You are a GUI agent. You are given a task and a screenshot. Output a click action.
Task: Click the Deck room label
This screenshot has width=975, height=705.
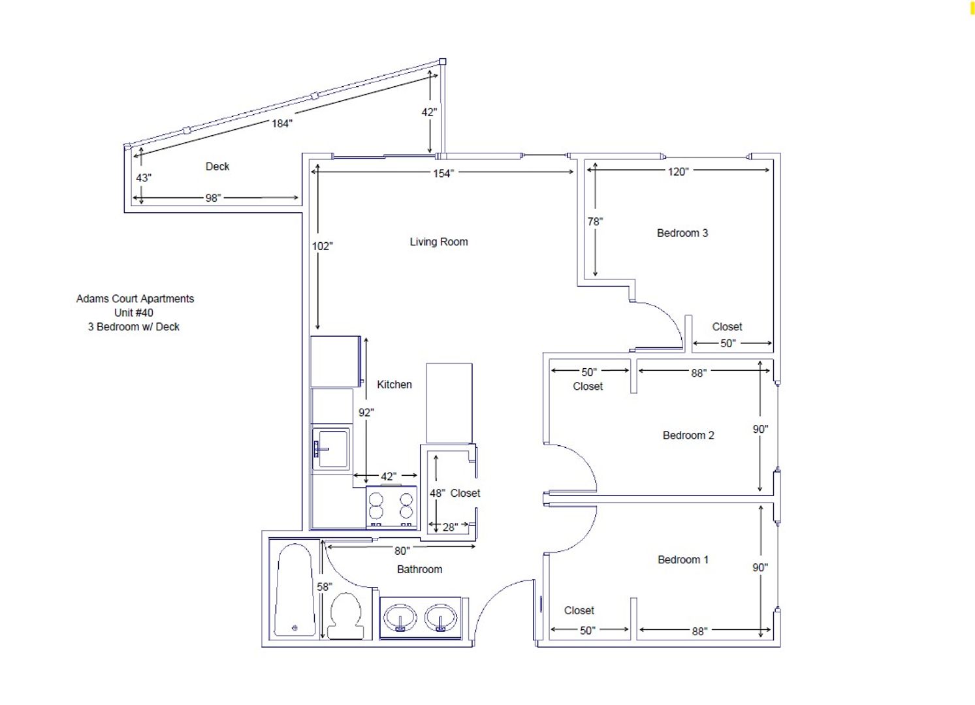217,166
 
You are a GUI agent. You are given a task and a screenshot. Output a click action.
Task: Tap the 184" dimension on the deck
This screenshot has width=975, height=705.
281,123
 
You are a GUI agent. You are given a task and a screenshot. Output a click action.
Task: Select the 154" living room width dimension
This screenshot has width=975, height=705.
443,173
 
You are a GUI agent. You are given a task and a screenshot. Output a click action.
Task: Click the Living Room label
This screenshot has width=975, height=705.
439,242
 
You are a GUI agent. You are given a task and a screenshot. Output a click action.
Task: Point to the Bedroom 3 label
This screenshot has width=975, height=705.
682,233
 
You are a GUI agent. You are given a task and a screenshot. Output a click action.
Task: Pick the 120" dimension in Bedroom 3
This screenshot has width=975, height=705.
678,172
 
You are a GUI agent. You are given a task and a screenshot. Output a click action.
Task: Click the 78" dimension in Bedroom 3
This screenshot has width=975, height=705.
595,221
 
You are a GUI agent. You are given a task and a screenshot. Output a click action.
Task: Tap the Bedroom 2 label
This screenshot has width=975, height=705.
688,435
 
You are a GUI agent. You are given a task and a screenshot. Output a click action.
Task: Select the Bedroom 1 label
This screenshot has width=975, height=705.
683,559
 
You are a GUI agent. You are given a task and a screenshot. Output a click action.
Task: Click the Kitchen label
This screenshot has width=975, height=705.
394,384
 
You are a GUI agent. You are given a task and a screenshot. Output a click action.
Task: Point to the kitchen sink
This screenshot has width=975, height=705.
331,448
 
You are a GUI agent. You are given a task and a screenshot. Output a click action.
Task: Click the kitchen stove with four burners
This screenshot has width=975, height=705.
392,507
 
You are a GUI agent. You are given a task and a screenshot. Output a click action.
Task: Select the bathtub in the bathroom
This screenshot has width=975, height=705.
295,589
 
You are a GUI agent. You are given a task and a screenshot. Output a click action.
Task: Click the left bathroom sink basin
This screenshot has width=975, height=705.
400,618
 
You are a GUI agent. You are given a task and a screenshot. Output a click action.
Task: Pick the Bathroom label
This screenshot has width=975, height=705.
420,569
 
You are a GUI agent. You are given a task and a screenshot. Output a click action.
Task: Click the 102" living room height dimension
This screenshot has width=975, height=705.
322,246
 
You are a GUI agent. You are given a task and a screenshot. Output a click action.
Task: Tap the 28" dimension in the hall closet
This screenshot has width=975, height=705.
450,527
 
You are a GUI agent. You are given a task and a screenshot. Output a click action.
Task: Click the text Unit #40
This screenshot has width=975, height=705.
134,313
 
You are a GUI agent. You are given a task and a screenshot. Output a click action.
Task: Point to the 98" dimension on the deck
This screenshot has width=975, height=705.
214,198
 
